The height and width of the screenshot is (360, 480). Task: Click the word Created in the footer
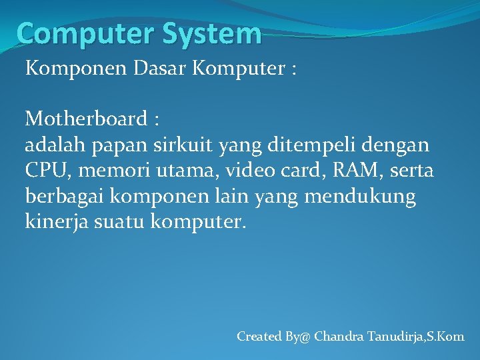pos(259,337)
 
